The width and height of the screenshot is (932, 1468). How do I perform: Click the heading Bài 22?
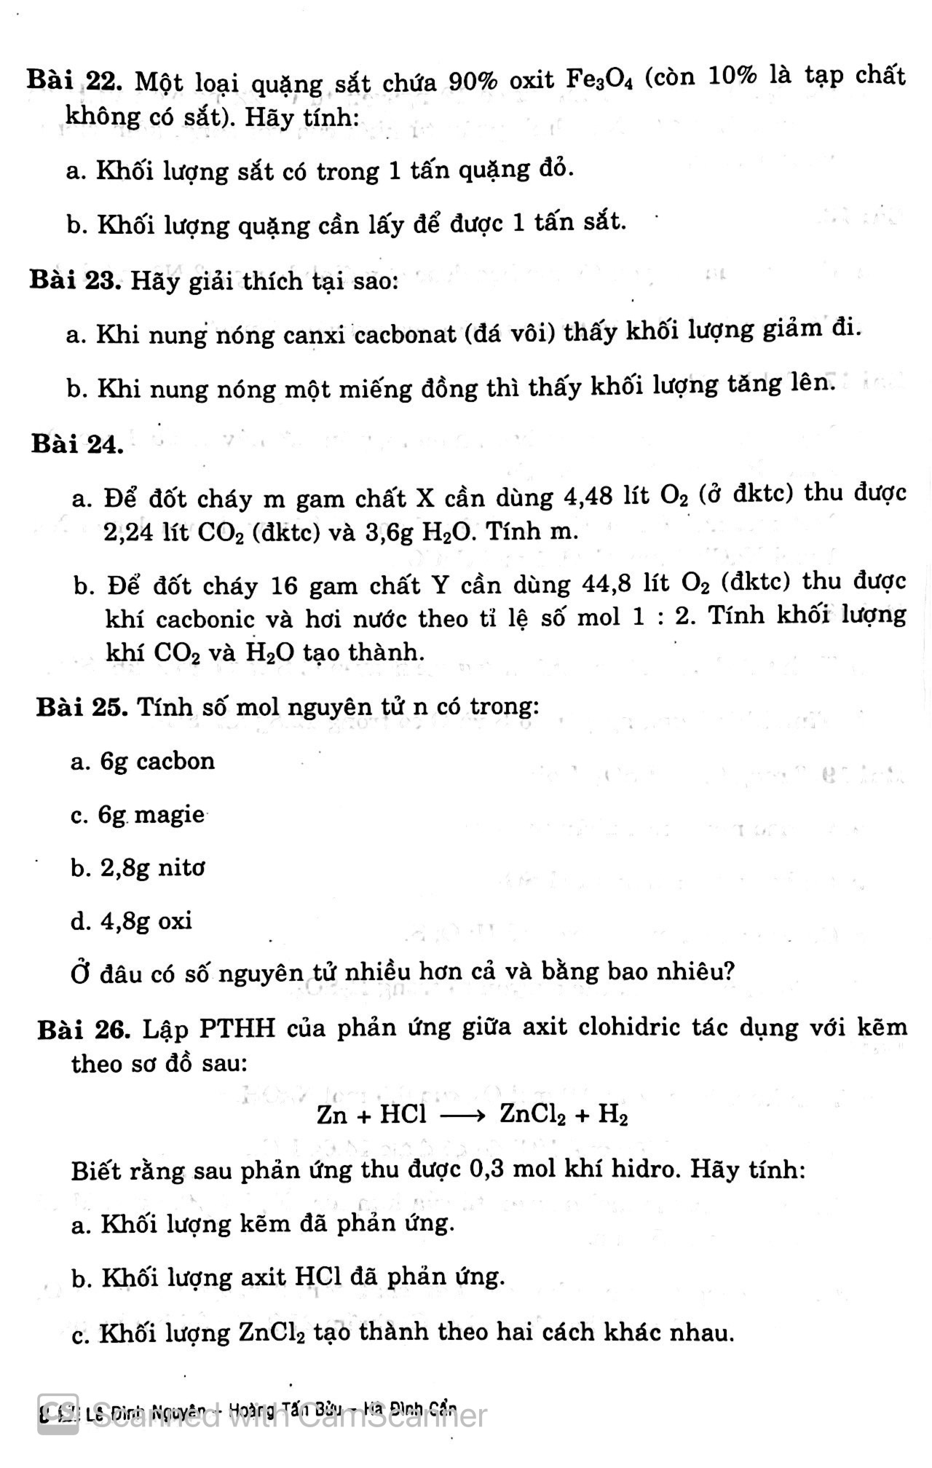[x=74, y=79]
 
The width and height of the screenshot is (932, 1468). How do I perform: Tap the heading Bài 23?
[x=74, y=280]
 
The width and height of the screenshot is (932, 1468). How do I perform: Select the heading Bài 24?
[x=77, y=443]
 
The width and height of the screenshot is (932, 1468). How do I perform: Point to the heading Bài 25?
[x=82, y=706]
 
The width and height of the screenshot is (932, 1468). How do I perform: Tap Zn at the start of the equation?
[x=332, y=1115]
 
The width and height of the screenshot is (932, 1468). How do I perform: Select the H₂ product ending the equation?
[x=613, y=1115]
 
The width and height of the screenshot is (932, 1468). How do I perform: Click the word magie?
[x=169, y=814]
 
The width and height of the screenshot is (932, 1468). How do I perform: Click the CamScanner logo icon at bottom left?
[x=58, y=1416]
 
